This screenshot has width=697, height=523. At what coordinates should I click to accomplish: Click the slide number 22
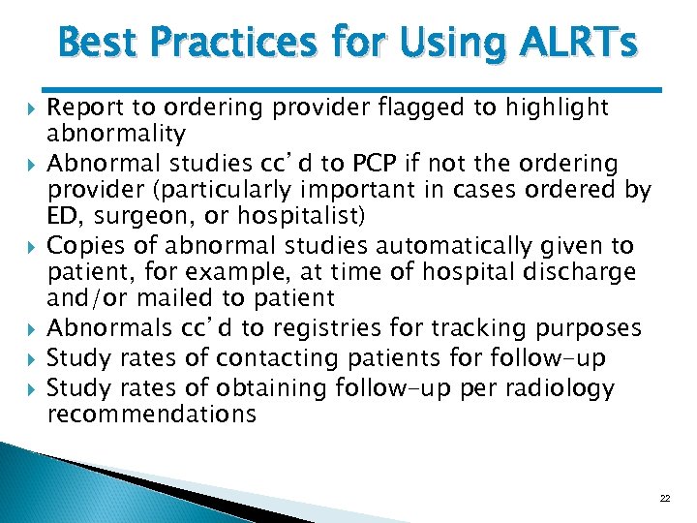point(664,498)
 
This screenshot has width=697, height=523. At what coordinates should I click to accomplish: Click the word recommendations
point(152,415)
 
